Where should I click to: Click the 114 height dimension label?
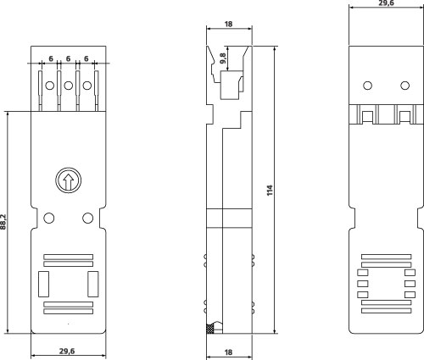[270, 191]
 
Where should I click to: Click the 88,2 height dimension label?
[3, 222]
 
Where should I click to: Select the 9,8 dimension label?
[223, 58]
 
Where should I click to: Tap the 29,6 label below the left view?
[67, 352]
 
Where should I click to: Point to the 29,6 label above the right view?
[386, 3]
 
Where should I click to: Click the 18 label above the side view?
[228, 25]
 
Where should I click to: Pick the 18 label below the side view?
[228, 352]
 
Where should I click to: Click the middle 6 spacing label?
[68, 58]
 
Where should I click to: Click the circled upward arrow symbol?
[68, 180]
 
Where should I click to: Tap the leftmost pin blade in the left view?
[41, 91]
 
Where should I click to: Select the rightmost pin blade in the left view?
[97, 91]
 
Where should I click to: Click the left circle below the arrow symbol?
[49, 218]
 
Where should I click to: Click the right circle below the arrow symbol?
[87, 218]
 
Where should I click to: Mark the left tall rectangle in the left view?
[43, 284]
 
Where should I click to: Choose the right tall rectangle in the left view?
[93, 284]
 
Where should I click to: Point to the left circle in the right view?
[367, 86]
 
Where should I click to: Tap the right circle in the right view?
[405, 86]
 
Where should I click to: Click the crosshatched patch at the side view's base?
[209, 329]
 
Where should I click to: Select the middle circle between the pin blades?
[69, 86]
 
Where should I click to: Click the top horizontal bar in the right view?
[387, 257]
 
